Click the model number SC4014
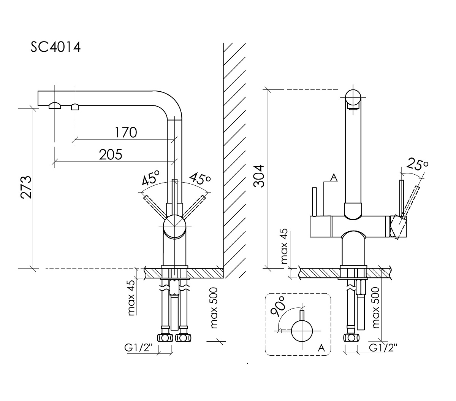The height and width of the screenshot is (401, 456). click(x=55, y=48)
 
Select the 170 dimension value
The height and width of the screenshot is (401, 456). click(x=126, y=132)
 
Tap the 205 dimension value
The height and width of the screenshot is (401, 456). click(x=111, y=154)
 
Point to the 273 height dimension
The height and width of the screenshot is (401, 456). click(x=26, y=187)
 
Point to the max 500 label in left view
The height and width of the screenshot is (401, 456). click(x=214, y=308)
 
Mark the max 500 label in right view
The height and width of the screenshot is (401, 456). click(x=376, y=308)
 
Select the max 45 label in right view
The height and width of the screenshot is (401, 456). click(x=284, y=247)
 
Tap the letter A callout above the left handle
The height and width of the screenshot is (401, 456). click(x=334, y=177)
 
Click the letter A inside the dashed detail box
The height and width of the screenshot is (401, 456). click(x=321, y=347)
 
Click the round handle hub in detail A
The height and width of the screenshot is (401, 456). click(x=302, y=330)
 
